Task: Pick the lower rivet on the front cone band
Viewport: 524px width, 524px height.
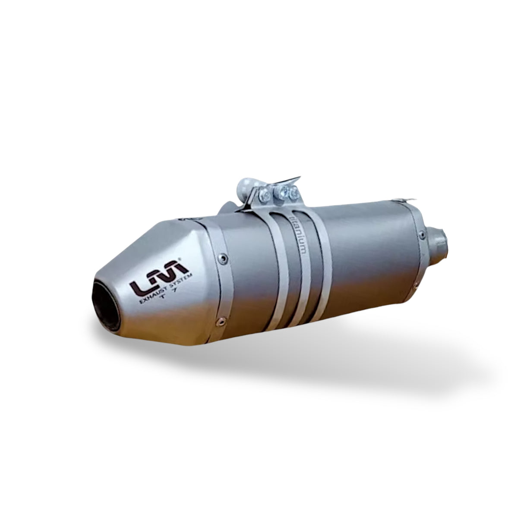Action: click(221, 320)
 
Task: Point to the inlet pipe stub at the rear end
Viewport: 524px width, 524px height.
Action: click(438, 239)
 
